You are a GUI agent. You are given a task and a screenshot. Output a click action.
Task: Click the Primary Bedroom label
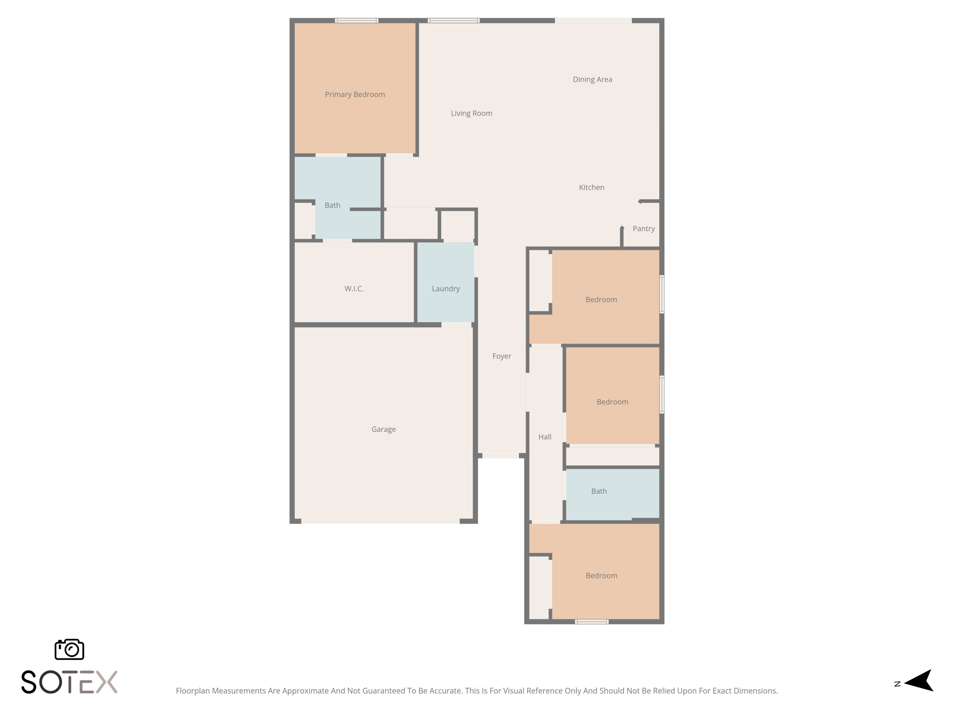coord(355,94)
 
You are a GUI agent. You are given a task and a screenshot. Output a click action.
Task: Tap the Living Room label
coord(471,113)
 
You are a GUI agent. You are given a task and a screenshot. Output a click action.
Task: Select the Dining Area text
coord(592,79)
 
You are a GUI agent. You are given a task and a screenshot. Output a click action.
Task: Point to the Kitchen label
coord(591,187)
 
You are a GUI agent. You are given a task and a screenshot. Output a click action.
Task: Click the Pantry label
coord(644,229)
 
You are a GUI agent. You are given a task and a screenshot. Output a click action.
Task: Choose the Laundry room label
coord(446,289)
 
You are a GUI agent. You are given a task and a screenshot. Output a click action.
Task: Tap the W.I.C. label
coord(354,289)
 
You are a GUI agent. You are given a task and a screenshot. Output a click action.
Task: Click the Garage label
coord(384,429)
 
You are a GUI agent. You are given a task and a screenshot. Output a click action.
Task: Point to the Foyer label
coord(501,356)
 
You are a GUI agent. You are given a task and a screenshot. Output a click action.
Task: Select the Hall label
coord(545,437)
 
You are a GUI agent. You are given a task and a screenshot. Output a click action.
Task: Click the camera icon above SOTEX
coord(69,649)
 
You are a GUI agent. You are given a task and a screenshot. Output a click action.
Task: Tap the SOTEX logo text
coord(69,682)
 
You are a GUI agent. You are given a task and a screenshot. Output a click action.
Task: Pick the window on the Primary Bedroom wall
coord(357,20)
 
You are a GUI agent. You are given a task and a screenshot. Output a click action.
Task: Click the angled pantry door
coord(631,214)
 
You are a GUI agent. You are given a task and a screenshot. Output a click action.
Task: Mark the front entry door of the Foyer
coord(500,456)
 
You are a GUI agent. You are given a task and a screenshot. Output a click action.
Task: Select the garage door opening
coord(380,521)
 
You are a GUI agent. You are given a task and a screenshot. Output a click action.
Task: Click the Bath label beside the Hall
coord(598,491)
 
